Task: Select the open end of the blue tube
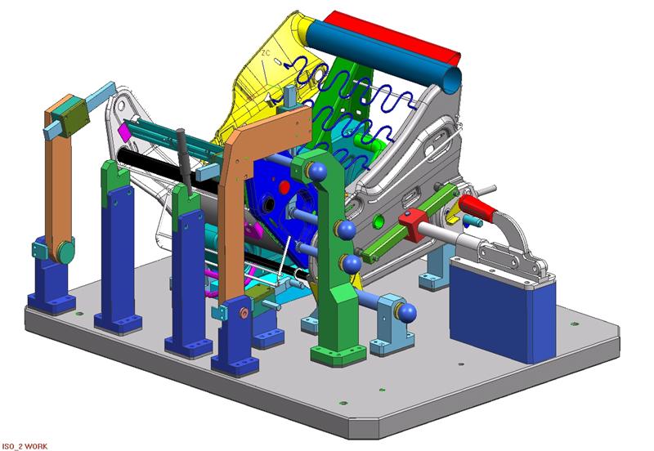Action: point(452,79)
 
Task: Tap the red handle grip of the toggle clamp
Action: point(477,208)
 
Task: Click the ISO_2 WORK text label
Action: point(25,446)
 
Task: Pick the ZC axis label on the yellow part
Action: point(266,53)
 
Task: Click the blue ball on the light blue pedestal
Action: point(407,313)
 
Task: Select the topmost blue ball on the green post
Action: point(317,172)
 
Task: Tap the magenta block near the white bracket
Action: point(124,131)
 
